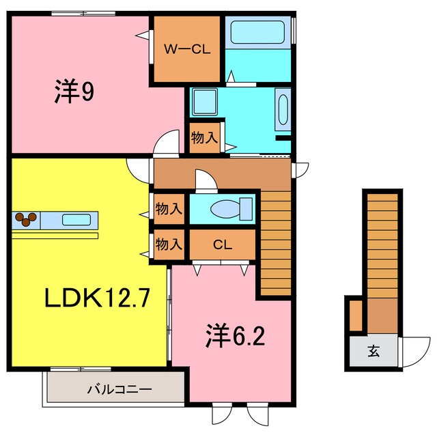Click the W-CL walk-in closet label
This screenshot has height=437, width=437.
pyautogui.click(x=187, y=50)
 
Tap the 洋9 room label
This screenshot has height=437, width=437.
pyautogui.click(x=74, y=91)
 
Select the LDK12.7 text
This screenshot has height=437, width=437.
pyautogui.click(x=97, y=298)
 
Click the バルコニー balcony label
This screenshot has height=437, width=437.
pyautogui.click(x=119, y=389)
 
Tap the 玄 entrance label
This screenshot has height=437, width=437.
pyautogui.click(x=373, y=351)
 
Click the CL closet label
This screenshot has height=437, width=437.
pyautogui.click(x=223, y=244)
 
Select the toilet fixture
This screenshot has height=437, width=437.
pyautogui.click(x=231, y=208)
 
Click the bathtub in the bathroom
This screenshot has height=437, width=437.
pyautogui.click(x=257, y=32)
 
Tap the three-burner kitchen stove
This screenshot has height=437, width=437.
pyautogui.click(x=26, y=219)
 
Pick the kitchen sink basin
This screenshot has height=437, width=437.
pyautogui.click(x=76, y=220)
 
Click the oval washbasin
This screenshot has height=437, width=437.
pyautogui.click(x=283, y=109)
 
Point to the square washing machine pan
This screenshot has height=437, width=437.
pyautogui.click(x=205, y=102)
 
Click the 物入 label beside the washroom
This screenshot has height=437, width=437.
pyautogui.click(x=204, y=138)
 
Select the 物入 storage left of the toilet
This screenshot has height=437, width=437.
pyautogui.click(x=169, y=209)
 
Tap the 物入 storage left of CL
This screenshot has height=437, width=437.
pyautogui.click(x=169, y=244)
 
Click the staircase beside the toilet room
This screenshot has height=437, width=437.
pyautogui.click(x=276, y=243)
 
